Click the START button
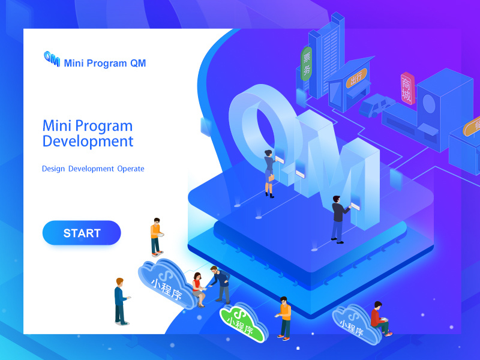[82, 233]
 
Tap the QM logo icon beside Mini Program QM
[52, 59]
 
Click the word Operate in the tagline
[131, 169]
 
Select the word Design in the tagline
[53, 169]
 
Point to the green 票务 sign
[307, 64]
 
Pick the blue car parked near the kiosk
[376, 106]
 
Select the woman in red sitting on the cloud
[197, 288]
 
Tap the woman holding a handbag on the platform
[269, 172]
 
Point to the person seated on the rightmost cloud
[379, 319]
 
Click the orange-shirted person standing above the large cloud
[156, 236]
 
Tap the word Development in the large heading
[88, 142]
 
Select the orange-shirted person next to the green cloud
[284, 317]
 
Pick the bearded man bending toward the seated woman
[220, 284]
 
